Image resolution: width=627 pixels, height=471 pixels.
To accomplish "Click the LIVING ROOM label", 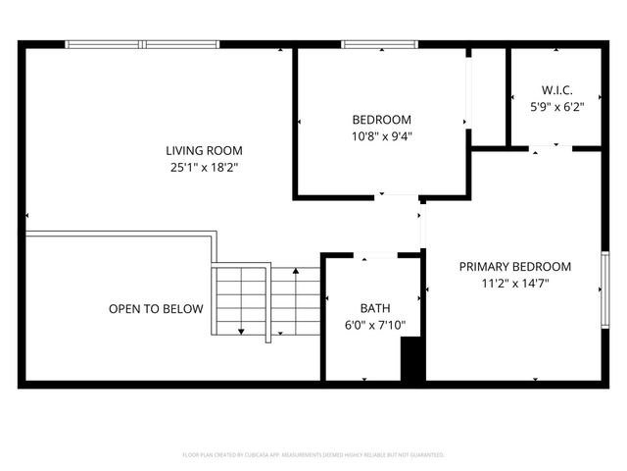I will point(204,150).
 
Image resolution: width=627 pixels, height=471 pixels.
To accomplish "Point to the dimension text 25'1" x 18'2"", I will point(204,168).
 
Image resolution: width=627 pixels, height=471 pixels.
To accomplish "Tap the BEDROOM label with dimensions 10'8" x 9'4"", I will point(381,120).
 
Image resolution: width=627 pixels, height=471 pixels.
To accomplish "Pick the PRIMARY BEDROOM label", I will point(515,266).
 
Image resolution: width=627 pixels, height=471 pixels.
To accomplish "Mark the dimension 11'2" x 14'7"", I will point(515,285).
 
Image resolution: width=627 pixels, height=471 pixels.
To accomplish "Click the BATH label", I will point(374,307).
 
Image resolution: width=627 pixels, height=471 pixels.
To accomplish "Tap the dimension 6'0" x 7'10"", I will point(374,325).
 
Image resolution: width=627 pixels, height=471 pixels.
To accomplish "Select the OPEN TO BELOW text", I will point(156,309).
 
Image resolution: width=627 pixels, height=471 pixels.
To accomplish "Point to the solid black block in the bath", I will point(412,359).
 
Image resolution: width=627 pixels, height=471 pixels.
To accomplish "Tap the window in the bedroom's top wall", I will point(380,44).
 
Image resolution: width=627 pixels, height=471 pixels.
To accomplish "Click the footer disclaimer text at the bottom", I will point(313,455).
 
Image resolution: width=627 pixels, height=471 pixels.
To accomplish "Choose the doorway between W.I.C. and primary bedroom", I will point(545,149).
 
